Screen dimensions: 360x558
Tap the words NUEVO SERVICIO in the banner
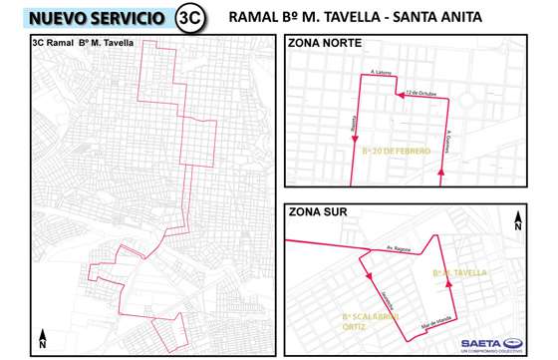click(98, 18)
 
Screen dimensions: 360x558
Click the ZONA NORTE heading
click(325, 43)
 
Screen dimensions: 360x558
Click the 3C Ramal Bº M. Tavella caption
click(83, 43)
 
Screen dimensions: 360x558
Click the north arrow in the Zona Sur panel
click(518, 222)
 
